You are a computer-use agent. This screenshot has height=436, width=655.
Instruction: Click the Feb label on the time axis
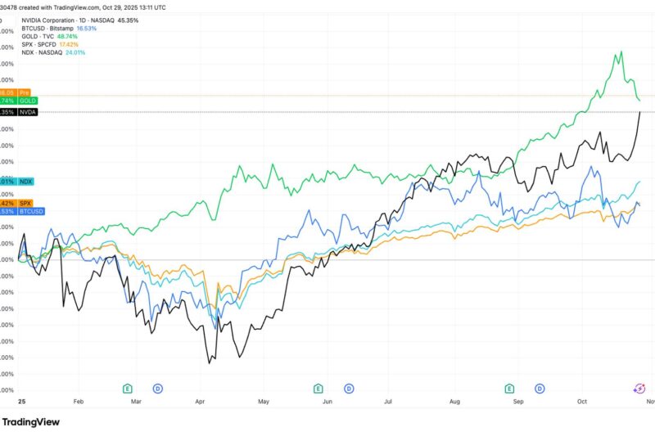(79, 402)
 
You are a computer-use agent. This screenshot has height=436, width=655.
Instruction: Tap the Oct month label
(582, 402)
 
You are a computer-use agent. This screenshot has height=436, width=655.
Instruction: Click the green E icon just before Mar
(128, 388)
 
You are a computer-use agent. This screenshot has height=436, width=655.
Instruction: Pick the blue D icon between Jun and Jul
(349, 388)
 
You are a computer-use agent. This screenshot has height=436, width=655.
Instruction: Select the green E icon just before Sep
(510, 388)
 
